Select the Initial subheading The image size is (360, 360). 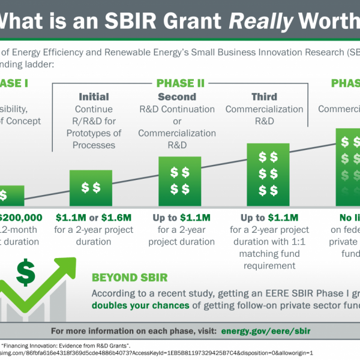pos(94,97)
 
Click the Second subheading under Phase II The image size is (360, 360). pos(176,97)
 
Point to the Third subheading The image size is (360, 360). pos(265,97)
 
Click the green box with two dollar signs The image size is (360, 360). pos(91,188)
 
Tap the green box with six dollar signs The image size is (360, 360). pos(265,174)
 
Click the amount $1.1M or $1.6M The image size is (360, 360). pos(94,217)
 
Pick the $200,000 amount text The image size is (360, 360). pos(22,217)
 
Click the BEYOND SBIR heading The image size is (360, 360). pos(129,278)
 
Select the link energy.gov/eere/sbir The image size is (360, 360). pos(266,331)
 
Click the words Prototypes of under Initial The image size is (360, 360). pos(94,133)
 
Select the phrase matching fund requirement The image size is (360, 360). pos(265,259)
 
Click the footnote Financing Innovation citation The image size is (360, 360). pos(54,345)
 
